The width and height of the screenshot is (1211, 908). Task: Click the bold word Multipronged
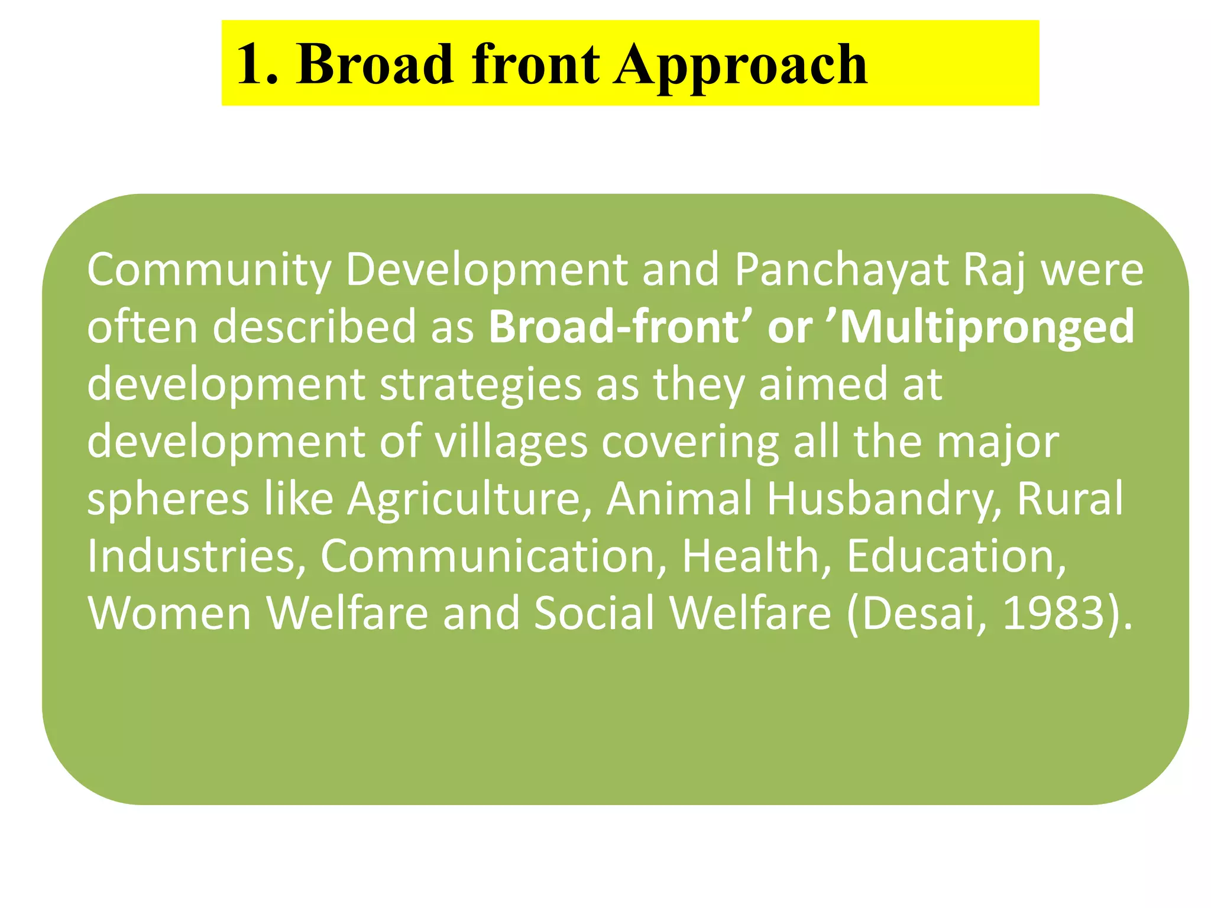coord(987,327)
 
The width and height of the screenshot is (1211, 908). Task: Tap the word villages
coord(511,442)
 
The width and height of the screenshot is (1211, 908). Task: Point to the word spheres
coord(168,500)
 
